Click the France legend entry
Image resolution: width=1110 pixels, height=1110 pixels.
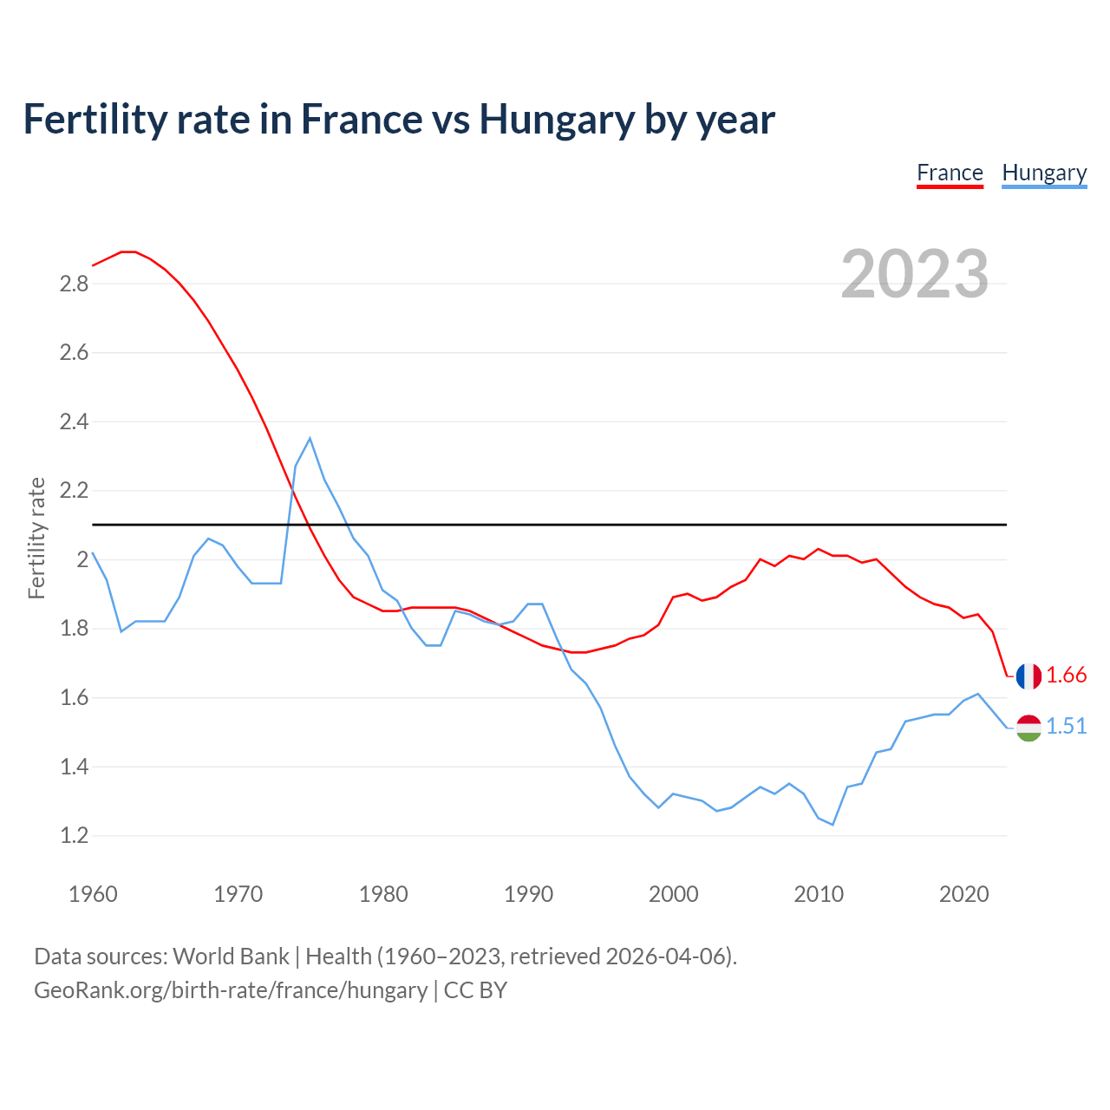pyautogui.click(x=950, y=173)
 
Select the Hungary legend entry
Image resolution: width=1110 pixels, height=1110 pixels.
pyautogui.click(x=1044, y=173)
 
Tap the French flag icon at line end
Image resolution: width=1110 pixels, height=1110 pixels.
pyautogui.click(x=1028, y=676)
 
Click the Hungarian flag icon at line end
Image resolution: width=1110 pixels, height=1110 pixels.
pyautogui.click(x=1028, y=727)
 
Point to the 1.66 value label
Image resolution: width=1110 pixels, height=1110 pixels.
pyautogui.click(x=1067, y=675)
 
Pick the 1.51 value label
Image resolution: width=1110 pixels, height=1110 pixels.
pyautogui.click(x=1067, y=726)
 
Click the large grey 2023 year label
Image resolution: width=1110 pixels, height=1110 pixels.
pyautogui.click(x=915, y=273)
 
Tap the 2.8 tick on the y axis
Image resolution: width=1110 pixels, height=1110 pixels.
pyautogui.click(x=74, y=284)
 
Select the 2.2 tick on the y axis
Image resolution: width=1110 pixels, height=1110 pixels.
pyautogui.click(x=74, y=491)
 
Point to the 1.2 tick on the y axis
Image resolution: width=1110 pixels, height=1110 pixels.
pyautogui.click(x=74, y=836)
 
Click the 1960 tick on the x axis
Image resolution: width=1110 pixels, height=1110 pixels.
pyautogui.click(x=93, y=894)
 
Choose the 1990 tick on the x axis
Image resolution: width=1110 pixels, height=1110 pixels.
pyautogui.click(x=528, y=894)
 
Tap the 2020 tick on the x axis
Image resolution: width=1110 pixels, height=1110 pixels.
pyautogui.click(x=963, y=894)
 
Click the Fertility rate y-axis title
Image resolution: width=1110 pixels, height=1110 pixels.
pyautogui.click(x=36, y=538)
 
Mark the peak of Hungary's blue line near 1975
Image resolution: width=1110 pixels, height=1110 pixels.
pyautogui.click(x=310, y=439)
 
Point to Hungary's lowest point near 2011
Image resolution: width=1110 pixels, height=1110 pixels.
pyautogui.click(x=832, y=824)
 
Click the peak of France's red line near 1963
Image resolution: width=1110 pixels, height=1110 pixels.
pyautogui.click(x=129, y=251)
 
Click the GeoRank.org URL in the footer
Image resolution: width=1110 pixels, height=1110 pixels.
pyautogui.click(x=231, y=990)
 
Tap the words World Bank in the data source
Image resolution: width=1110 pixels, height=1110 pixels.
pyautogui.click(x=231, y=957)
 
